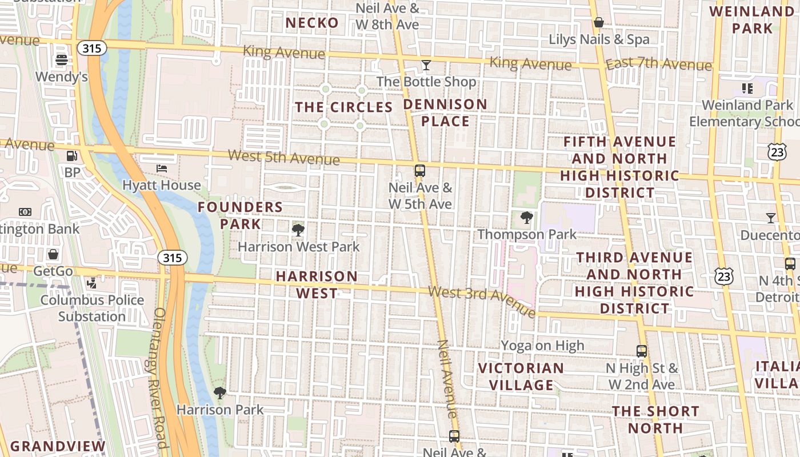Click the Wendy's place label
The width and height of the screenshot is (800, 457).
coord(61,77)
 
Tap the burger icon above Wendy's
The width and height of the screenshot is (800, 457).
coord(61,59)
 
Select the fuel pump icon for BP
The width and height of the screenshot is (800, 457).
coord(72,155)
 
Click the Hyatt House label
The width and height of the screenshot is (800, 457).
coord(162,185)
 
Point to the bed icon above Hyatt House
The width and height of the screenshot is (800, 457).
coord(162,168)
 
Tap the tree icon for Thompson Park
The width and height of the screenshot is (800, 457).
coord(526,218)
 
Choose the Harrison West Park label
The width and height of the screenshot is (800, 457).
coord(298,247)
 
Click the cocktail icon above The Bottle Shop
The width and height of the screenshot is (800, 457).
coord(426,65)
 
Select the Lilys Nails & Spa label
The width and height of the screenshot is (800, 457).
coord(599,39)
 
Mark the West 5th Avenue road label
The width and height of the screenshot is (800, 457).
coord(284,157)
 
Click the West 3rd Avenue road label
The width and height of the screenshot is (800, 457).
coord(482,300)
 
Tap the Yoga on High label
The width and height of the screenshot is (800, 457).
coord(542,345)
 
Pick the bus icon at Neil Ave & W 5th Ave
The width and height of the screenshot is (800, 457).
coord(420,170)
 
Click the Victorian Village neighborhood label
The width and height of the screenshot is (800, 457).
coord(521,376)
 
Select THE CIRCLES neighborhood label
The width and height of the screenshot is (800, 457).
coord(343,107)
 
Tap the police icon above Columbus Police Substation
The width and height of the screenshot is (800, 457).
coord(91,283)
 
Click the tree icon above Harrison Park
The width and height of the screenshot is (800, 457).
coord(219,392)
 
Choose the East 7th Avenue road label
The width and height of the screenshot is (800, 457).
coord(658,65)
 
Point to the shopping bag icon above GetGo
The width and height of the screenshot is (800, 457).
coord(53,254)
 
